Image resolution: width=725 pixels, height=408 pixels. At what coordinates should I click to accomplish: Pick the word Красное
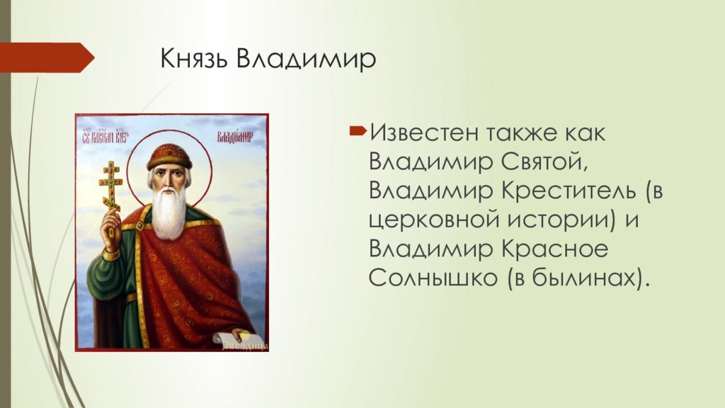[542, 249]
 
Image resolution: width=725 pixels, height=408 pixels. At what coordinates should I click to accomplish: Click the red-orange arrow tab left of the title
[47, 57]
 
